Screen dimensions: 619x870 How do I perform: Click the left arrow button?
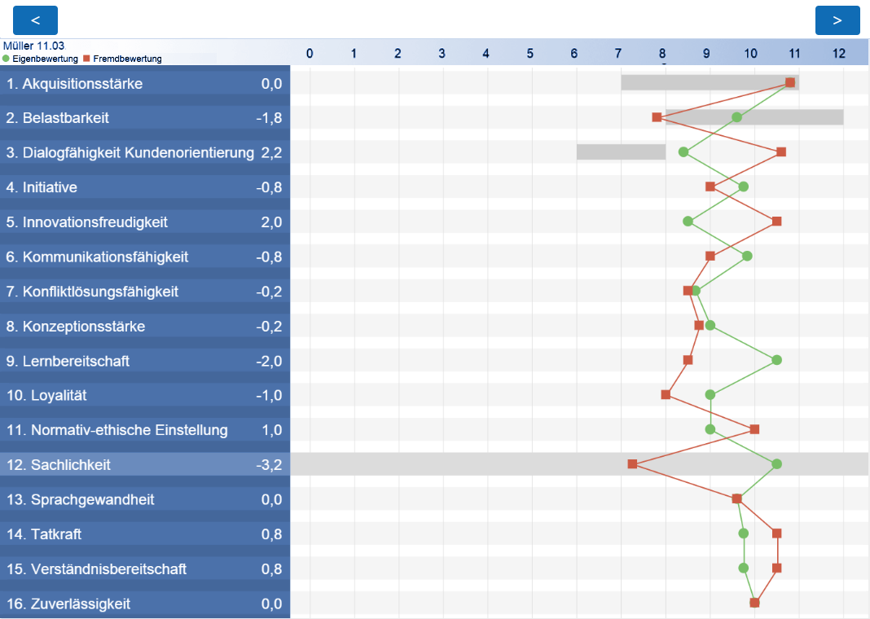click(35, 20)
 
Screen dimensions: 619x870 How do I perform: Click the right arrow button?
click(837, 20)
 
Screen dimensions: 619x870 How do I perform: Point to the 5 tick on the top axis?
click(529, 54)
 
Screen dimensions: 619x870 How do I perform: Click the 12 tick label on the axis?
click(838, 54)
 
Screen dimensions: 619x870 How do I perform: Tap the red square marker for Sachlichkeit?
click(632, 464)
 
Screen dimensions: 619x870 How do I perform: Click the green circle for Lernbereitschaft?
click(776, 360)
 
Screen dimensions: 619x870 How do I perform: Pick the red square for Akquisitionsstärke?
click(790, 82)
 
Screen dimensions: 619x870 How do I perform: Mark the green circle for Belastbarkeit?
click(736, 117)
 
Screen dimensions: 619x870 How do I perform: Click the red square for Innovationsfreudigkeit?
click(776, 222)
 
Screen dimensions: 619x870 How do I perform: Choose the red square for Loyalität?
click(666, 395)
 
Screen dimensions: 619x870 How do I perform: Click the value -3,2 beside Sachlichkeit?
click(269, 465)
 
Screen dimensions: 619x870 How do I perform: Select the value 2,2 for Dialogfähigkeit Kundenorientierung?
click(271, 152)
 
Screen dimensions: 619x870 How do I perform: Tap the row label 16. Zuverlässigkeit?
click(68, 604)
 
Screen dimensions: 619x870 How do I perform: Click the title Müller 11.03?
click(33, 46)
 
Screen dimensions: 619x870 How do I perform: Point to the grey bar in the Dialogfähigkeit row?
click(621, 151)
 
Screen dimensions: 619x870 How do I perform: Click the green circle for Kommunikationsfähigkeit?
click(747, 256)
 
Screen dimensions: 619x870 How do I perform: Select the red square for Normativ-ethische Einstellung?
click(754, 429)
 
